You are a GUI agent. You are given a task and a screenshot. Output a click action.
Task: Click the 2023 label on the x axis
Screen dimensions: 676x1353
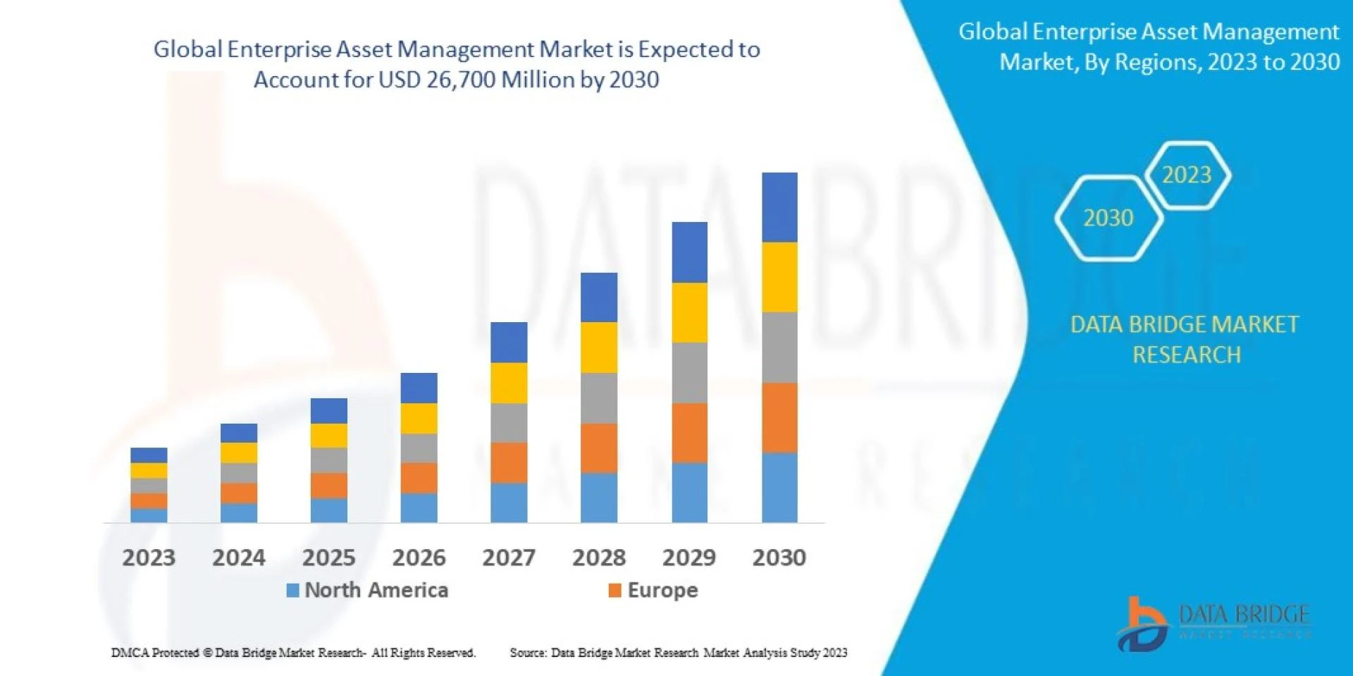point(149,558)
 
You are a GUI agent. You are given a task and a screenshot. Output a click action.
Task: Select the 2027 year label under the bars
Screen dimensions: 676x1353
point(509,558)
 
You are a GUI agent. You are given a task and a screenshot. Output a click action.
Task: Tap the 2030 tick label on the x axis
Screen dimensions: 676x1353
point(779,558)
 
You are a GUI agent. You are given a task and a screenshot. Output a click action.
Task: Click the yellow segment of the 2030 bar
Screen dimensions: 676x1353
point(779,277)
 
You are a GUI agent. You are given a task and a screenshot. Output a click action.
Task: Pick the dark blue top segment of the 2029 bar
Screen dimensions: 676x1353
point(689,252)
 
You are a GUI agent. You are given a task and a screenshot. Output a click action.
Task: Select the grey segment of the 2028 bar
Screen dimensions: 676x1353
point(599,398)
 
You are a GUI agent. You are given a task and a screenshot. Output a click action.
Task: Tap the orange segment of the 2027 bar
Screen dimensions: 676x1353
point(509,462)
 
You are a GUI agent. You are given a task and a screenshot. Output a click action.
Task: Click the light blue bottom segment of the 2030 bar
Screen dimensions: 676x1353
point(779,487)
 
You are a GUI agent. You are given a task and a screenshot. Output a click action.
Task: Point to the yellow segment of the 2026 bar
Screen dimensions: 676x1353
point(419,418)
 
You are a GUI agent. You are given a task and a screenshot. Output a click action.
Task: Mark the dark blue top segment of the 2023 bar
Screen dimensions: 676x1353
point(149,455)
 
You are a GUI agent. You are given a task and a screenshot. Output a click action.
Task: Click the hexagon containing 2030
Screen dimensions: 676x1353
point(1108,219)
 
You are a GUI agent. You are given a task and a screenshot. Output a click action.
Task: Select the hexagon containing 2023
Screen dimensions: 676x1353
point(1187,175)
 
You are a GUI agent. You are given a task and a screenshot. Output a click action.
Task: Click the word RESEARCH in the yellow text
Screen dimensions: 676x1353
point(1187,355)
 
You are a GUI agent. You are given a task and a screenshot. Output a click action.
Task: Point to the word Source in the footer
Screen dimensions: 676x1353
point(526,653)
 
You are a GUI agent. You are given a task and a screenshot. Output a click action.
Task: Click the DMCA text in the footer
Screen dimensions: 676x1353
point(130,653)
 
